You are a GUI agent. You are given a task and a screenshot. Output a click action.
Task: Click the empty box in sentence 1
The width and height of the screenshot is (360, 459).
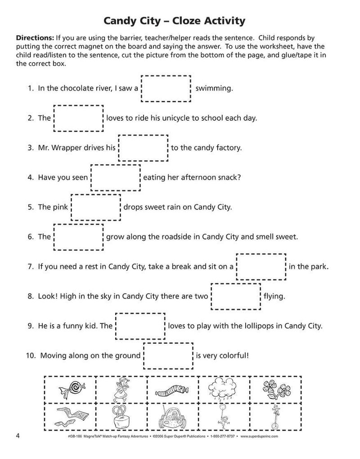(167, 88)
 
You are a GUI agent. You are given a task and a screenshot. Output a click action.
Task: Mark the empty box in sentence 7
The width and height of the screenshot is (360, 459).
(261, 267)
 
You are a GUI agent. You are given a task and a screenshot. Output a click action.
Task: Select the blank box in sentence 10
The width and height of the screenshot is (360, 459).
(168, 355)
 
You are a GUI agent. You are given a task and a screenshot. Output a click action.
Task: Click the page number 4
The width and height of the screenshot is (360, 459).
(18, 436)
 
